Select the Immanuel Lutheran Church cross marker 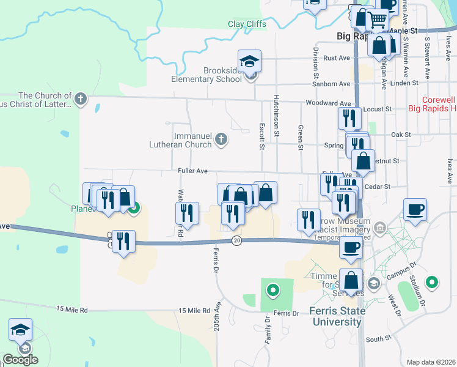coord(221,141)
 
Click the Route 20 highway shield coord(236,241)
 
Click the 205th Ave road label coord(218,319)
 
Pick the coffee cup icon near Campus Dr coord(414,210)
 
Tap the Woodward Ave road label coord(328,104)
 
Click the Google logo coord(20,360)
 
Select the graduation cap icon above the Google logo coord(20,330)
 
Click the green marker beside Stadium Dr coord(432,282)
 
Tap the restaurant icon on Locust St coord(349,117)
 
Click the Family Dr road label coord(268,331)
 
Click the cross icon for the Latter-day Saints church coord(80,98)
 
